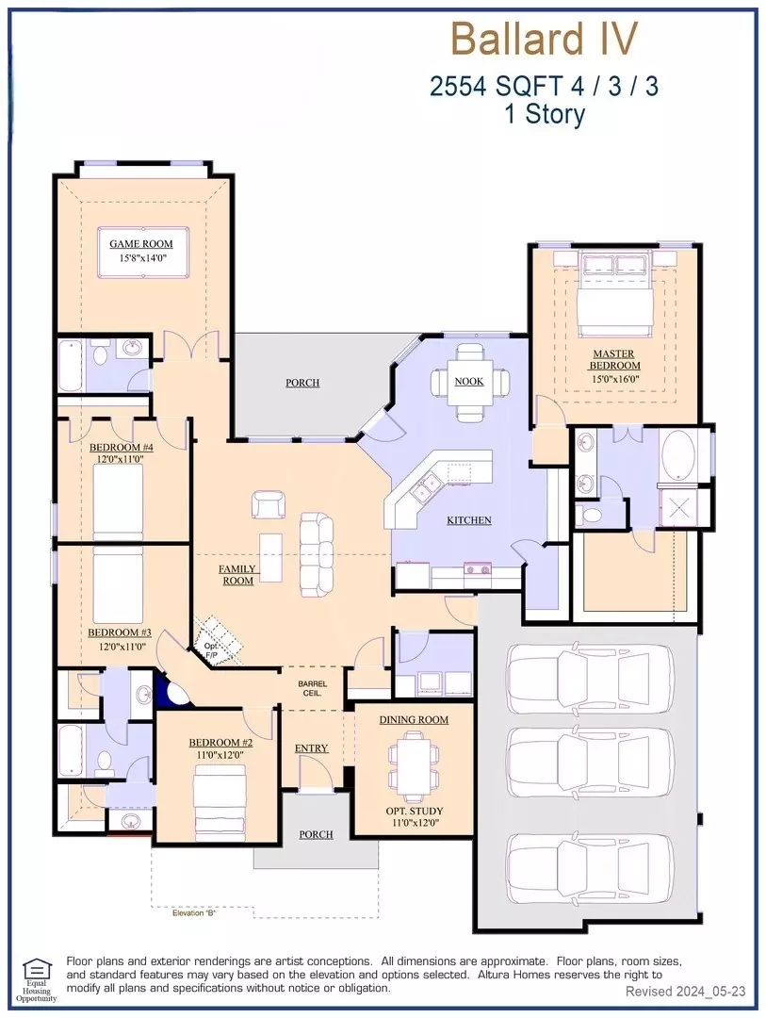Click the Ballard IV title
click(544, 39)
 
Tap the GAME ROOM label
click(141, 244)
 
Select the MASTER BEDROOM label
click(614, 360)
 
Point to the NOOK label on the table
click(468, 381)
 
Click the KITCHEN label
click(468, 520)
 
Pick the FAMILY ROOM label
click(237, 575)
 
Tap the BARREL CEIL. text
click(312, 688)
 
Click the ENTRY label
click(312, 748)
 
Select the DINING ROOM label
click(415, 720)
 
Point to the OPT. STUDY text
click(415, 811)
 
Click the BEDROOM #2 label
click(220, 743)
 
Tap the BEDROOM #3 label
click(120, 632)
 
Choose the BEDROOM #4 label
click(122, 448)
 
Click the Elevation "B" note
click(194, 913)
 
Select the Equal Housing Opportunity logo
click(37, 979)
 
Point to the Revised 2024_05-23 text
click(686, 992)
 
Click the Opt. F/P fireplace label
click(211, 650)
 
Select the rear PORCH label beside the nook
click(302, 383)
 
